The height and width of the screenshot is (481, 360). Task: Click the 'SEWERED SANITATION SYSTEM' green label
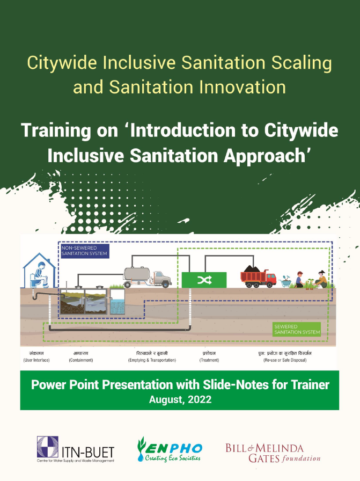click(x=293, y=329)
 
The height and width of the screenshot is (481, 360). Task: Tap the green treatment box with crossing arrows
click(x=204, y=280)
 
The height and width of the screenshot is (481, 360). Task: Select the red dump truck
click(x=258, y=276)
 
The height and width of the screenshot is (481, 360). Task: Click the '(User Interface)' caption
click(x=36, y=360)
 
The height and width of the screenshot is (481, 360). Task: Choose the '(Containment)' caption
click(x=81, y=360)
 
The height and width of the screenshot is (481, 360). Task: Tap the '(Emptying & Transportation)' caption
click(x=156, y=360)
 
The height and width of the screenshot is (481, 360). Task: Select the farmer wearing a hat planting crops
click(x=321, y=279)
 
